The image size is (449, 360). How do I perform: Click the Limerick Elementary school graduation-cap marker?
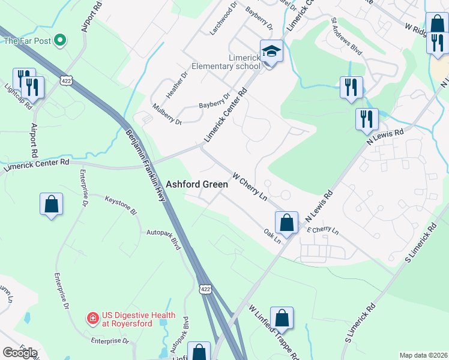[x=271, y=52]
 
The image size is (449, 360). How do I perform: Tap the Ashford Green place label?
[x=197, y=185]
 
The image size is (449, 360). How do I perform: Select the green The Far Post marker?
[x=59, y=41]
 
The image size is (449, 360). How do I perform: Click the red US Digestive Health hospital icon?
[x=93, y=316]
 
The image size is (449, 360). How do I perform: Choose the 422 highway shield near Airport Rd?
[x=67, y=80]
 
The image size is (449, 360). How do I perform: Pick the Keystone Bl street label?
[x=121, y=206]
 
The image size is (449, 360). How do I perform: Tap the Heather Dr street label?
[x=173, y=88]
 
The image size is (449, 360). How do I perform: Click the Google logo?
[x=20, y=352]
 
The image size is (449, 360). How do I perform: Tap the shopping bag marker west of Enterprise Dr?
[x=52, y=204]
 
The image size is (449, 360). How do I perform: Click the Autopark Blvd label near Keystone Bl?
[x=164, y=235]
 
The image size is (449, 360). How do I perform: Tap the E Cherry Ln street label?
[x=322, y=231]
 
